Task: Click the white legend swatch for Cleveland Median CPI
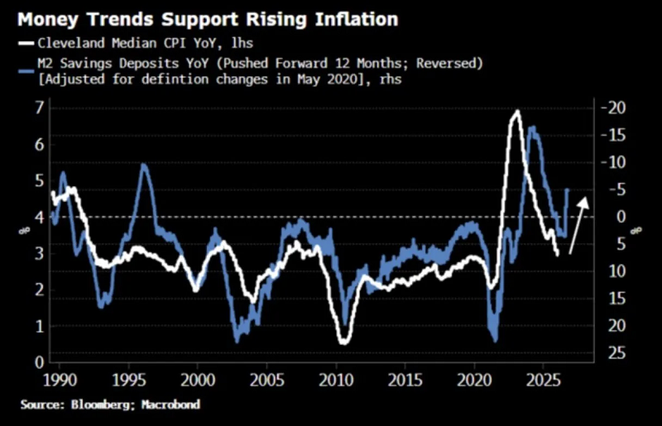click(26, 43)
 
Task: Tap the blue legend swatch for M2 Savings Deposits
click(26, 71)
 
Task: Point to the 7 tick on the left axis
click(39, 108)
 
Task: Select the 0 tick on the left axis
click(39, 362)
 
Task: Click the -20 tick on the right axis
click(613, 108)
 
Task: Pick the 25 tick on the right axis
click(616, 353)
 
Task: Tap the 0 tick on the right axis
click(621, 217)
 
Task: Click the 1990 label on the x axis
click(60, 381)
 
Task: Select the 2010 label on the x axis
click(336, 381)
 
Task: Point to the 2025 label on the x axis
click(544, 381)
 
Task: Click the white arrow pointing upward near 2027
click(578, 226)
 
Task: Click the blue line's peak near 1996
click(143, 165)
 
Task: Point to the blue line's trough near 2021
click(495, 340)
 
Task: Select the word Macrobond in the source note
click(170, 404)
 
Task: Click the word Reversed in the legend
click(449, 64)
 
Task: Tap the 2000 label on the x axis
click(198, 381)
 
